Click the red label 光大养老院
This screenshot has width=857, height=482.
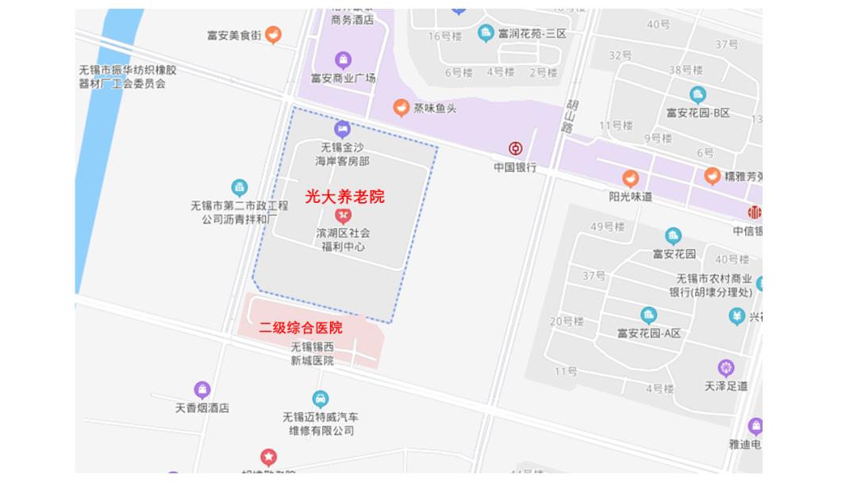point(344,197)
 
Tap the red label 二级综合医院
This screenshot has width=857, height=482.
point(301,327)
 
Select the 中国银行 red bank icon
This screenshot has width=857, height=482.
point(516,148)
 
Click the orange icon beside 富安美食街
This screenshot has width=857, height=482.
point(273,34)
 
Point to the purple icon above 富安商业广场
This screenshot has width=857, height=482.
point(343,59)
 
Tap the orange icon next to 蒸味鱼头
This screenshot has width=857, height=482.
point(402,107)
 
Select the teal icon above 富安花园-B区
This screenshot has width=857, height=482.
point(698,94)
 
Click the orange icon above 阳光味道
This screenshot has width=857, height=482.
point(630,178)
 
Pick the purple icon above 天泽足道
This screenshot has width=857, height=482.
point(725,368)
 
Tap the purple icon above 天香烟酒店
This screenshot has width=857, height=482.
point(202,389)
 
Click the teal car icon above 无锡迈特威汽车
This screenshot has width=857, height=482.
point(320,398)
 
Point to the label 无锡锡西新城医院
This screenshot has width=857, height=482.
point(312,354)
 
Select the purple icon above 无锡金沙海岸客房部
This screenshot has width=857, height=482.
point(342,128)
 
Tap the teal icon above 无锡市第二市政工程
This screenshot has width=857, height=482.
point(240,188)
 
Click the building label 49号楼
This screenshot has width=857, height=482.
point(608,227)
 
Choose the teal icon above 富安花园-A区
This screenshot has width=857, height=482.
point(648,315)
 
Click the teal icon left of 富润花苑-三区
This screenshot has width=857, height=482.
point(486,33)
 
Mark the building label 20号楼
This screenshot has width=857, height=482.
point(567,321)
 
